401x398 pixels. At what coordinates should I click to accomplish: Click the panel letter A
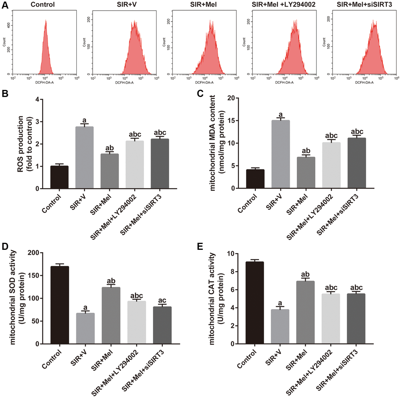coord(5,5)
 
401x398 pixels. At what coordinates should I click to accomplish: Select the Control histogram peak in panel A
coord(46,22)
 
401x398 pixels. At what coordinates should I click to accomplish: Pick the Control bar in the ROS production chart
coord(59,177)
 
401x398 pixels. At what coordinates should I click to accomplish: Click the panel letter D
coord(6,247)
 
